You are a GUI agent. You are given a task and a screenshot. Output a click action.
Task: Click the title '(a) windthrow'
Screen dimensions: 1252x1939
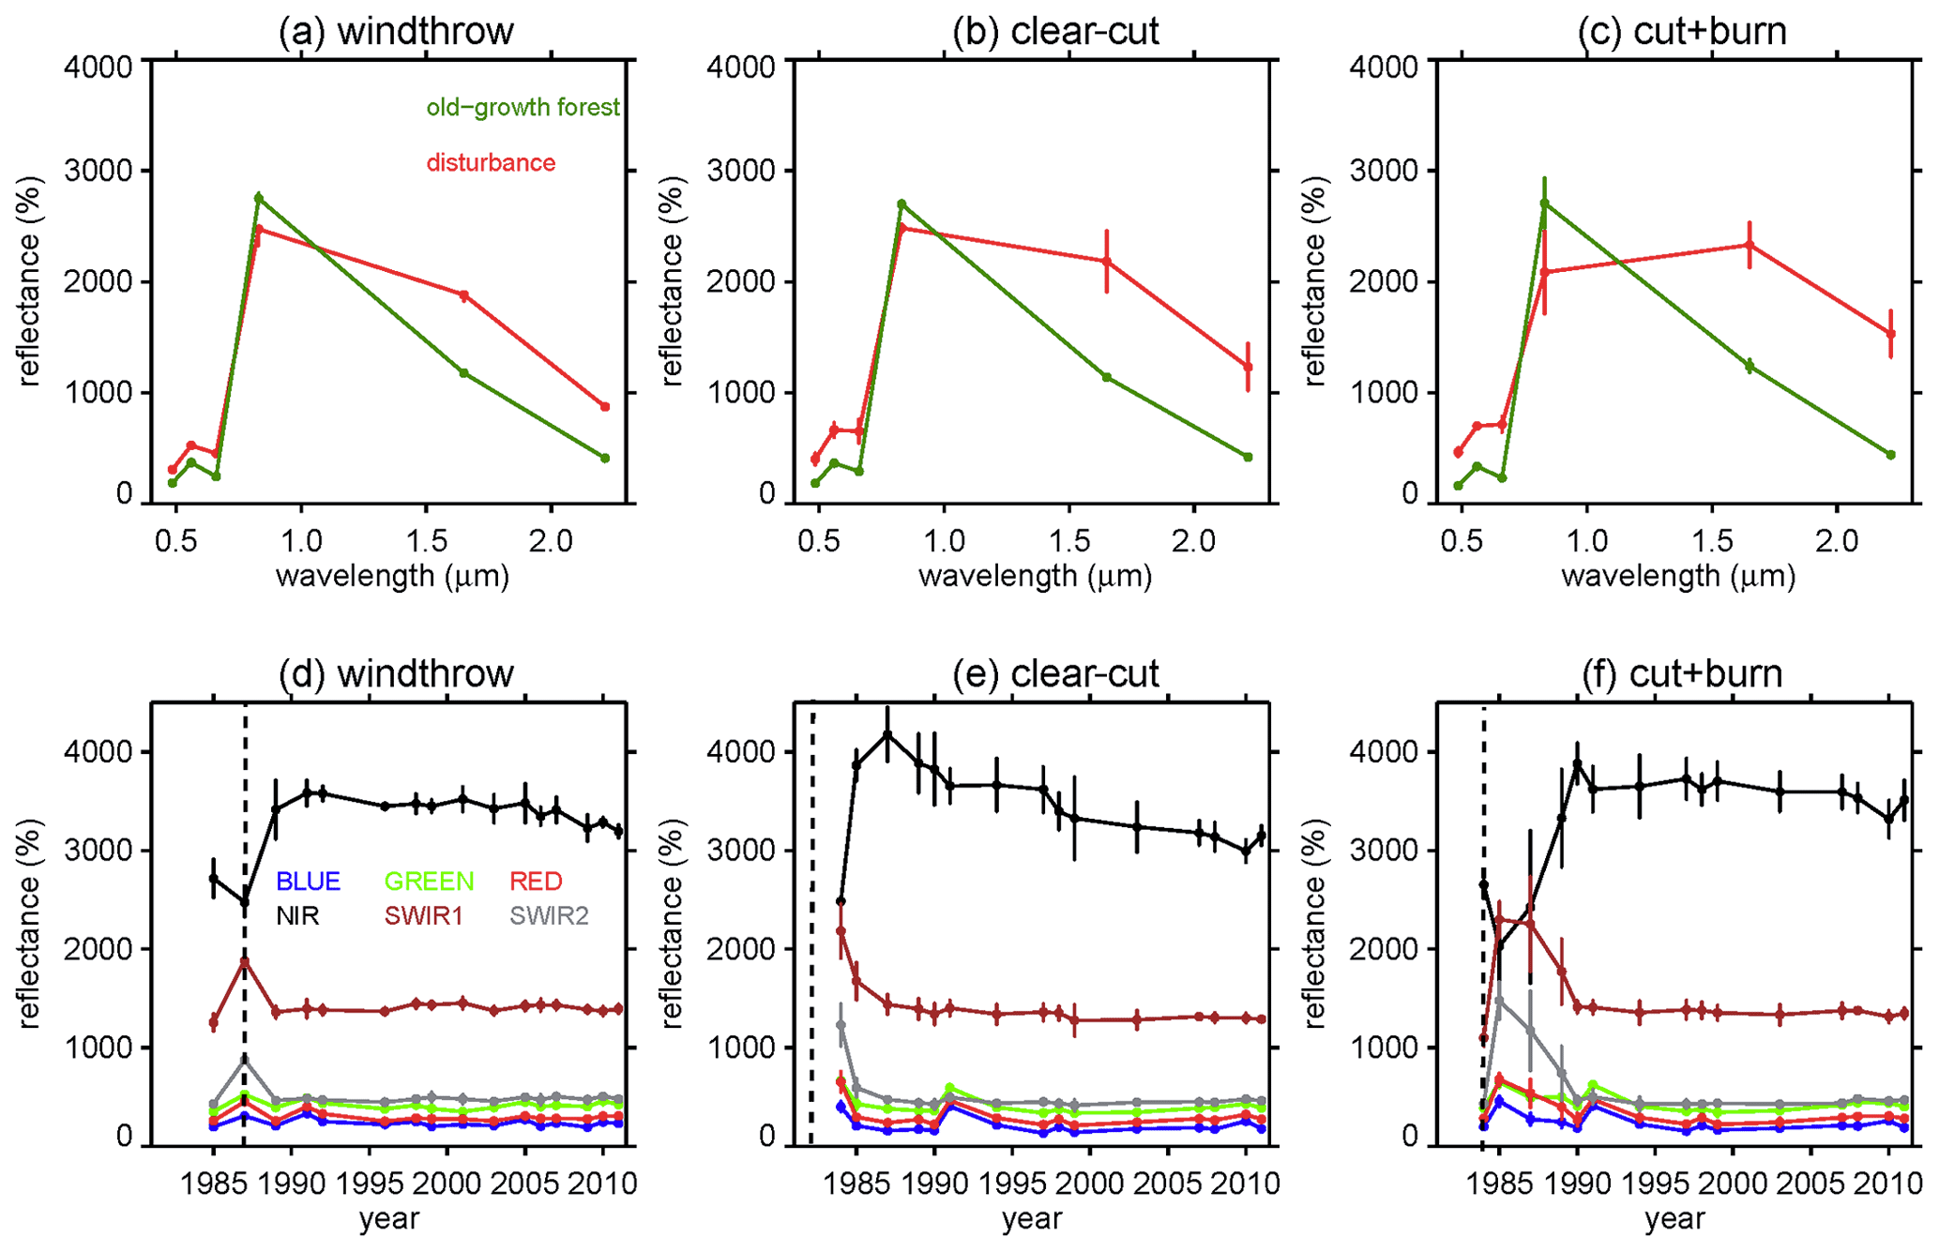396,31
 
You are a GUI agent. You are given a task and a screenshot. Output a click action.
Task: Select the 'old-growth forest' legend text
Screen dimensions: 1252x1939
523,108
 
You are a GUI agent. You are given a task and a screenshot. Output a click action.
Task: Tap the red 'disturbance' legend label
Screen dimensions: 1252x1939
491,163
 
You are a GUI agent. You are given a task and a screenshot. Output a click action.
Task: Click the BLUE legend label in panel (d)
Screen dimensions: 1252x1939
308,882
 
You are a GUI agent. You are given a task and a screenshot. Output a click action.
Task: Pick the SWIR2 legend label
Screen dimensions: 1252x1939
549,916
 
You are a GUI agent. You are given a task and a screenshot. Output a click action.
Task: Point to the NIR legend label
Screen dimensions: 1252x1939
297,916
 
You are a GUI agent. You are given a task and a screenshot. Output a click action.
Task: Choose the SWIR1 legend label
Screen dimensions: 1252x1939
424,916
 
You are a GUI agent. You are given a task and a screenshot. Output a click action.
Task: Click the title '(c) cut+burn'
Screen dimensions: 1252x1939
1681,31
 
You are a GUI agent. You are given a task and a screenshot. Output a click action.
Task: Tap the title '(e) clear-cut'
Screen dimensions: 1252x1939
1055,673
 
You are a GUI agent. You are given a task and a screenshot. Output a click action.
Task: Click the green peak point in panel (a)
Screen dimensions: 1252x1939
259,198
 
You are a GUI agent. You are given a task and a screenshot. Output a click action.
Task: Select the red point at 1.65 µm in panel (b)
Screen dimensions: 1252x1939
1107,261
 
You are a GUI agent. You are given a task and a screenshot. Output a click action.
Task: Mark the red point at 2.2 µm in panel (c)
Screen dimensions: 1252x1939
1891,334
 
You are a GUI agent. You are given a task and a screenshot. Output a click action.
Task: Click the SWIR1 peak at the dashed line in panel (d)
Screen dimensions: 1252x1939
245,961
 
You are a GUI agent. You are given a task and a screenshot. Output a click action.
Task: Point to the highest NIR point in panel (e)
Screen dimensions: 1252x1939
887,734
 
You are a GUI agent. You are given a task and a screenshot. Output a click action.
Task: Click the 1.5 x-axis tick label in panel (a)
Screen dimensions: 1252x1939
426,541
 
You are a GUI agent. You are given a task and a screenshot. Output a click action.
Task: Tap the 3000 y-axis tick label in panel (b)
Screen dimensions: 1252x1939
740,171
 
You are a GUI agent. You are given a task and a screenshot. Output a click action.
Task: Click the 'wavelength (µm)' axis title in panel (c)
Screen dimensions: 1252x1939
1678,576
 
